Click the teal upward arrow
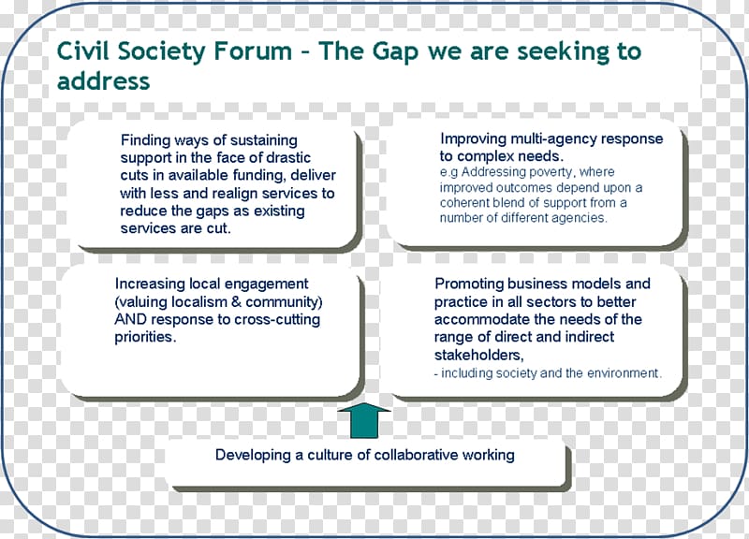(364, 420)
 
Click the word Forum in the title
(253, 51)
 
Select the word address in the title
(103, 80)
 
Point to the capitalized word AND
(130, 319)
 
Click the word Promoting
(469, 284)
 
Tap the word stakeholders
(478, 356)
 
